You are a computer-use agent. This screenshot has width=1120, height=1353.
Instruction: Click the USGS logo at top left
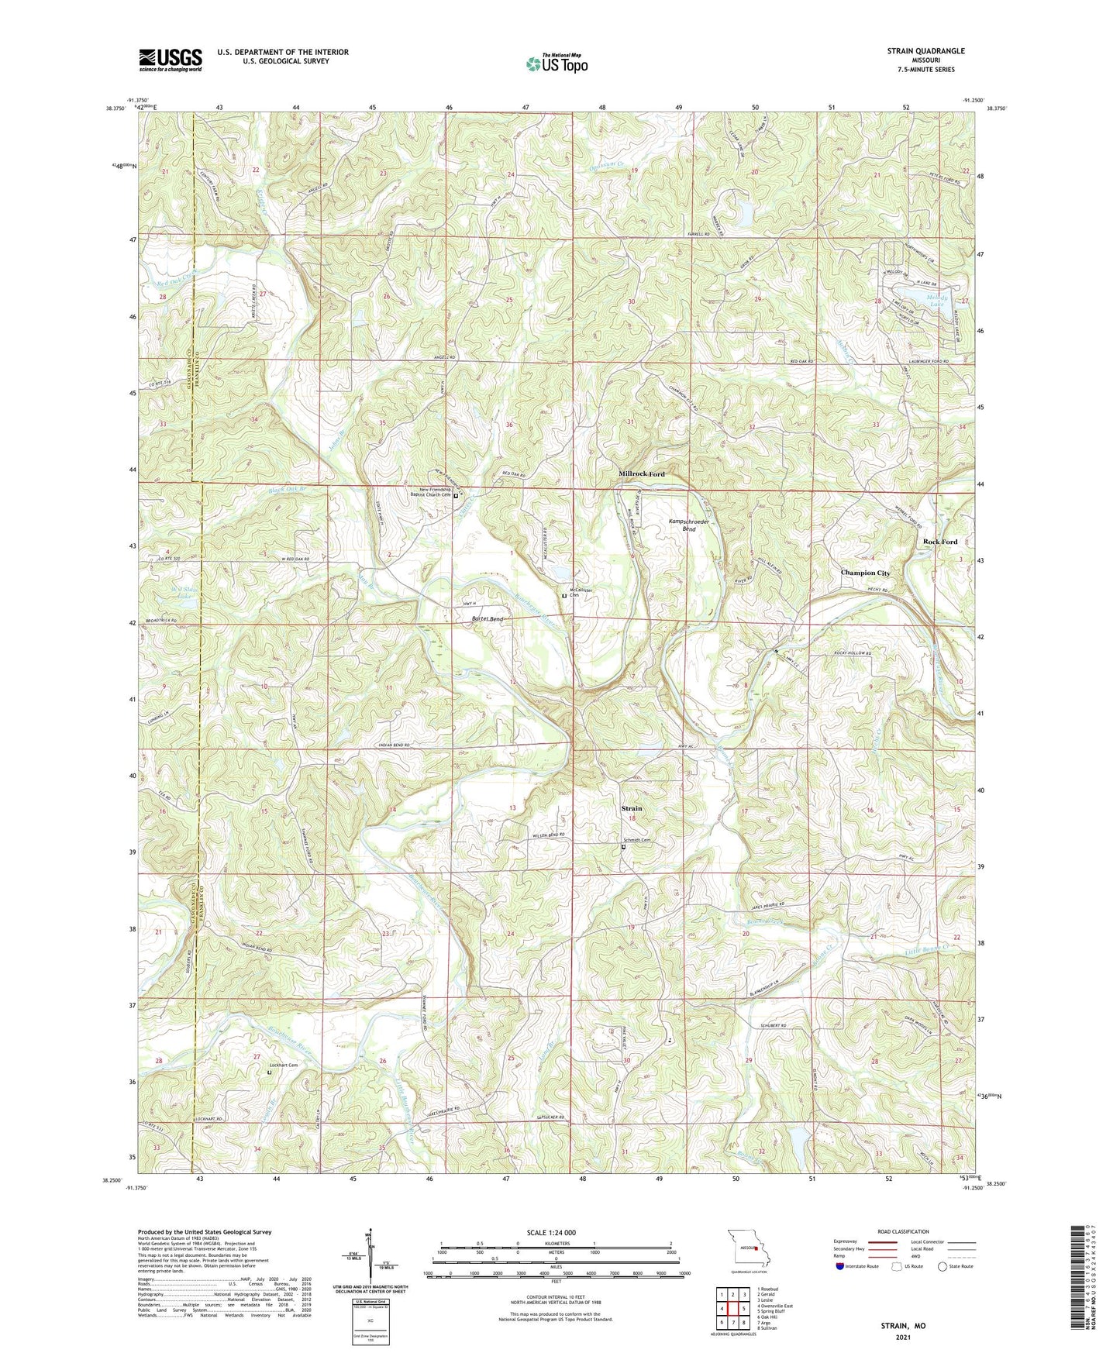pyautogui.click(x=171, y=59)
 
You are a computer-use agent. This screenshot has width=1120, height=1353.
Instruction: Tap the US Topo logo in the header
pyautogui.click(x=556, y=63)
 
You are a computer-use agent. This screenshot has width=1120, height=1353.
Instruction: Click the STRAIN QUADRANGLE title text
pyautogui.click(x=926, y=51)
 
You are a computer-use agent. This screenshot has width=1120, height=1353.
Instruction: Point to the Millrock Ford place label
pyautogui.click(x=641, y=473)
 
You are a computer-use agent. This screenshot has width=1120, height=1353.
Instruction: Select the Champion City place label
pyautogui.click(x=865, y=573)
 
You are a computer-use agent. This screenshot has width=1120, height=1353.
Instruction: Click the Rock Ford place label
pyautogui.click(x=939, y=542)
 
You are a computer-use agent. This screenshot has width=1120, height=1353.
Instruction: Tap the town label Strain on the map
pyautogui.click(x=632, y=808)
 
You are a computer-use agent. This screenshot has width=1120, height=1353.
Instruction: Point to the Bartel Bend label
pyautogui.click(x=488, y=619)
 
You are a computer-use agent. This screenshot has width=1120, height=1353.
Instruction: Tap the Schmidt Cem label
pyautogui.click(x=636, y=841)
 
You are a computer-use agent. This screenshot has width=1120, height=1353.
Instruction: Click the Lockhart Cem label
pyautogui.click(x=283, y=1066)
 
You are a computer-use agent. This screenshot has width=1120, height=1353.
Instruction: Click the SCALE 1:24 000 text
pyautogui.click(x=555, y=1232)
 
